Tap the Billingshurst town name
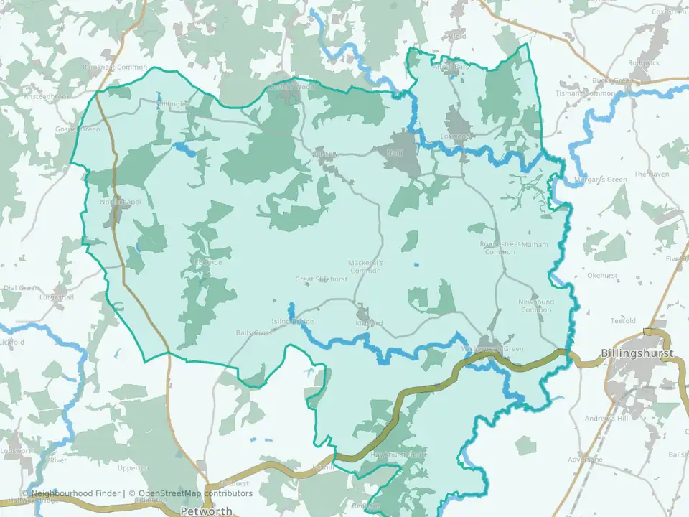pos(637,354)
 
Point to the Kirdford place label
pos(369,323)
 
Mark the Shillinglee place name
pos(172,104)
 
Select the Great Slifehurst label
pos(322,279)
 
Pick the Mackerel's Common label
pos(365,267)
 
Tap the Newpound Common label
pos(536,306)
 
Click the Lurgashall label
pos(58,297)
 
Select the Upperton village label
pos(133,468)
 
